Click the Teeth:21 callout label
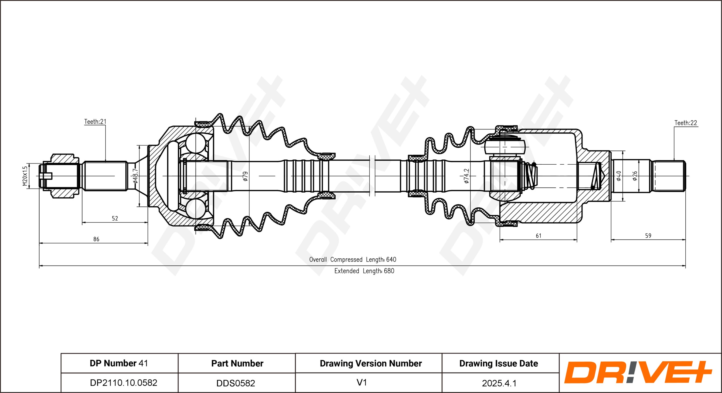(95, 122)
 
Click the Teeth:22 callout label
(686, 123)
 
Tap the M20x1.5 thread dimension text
(25, 176)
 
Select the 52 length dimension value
(115, 218)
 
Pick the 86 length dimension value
(96, 239)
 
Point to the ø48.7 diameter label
(135, 176)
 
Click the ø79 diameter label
(245, 176)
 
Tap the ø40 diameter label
(618, 176)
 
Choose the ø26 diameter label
(634, 176)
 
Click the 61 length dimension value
(539, 236)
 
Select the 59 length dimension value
(648, 236)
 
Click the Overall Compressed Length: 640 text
(353, 260)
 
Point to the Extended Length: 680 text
(364, 271)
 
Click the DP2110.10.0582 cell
(124, 383)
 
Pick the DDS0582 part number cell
(236, 383)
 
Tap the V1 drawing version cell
(362, 382)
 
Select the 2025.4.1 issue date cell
(499, 383)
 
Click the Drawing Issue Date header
(499, 363)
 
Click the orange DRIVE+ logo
(638, 372)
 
